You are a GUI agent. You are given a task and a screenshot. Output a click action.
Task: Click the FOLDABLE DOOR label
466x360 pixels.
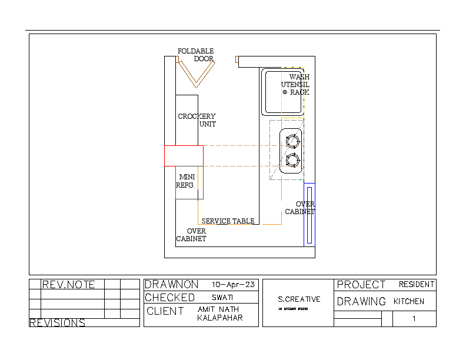click(196, 55)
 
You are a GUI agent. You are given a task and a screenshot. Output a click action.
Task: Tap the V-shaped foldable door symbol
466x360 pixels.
click(197, 74)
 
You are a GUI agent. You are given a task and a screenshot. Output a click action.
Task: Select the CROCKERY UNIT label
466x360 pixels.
click(197, 120)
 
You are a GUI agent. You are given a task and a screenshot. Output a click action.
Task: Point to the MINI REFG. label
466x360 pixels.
click(187, 181)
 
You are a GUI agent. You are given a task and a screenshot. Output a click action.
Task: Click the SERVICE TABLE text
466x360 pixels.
click(228, 221)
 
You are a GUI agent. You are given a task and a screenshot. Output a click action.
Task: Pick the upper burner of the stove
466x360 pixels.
click(292, 141)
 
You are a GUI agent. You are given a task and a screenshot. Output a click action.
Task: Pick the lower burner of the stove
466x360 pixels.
click(292, 160)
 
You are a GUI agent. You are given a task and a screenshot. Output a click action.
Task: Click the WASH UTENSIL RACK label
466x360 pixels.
click(295, 85)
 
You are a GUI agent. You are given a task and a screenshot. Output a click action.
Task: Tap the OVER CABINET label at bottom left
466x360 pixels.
click(191, 235)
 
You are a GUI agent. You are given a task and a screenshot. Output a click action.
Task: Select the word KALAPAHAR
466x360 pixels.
click(219, 318)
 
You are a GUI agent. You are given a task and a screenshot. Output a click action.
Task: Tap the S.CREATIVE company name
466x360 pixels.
click(299, 299)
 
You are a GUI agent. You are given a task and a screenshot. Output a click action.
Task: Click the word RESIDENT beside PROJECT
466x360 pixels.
click(417, 285)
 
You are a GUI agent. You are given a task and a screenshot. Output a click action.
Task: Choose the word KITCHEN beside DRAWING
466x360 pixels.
click(408, 301)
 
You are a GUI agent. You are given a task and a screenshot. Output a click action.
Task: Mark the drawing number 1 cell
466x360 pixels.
click(414, 319)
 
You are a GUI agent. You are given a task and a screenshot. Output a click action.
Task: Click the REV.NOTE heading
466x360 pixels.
click(68, 285)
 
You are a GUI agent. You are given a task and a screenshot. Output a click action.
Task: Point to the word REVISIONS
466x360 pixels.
click(57, 323)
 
